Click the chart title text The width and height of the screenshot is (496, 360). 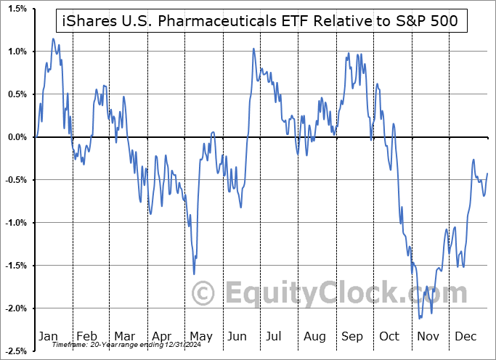coord(261,21)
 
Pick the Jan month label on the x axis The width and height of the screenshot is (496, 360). coord(49,336)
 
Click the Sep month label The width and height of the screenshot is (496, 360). coord(353,336)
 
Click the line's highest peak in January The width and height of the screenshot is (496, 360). coord(53,38)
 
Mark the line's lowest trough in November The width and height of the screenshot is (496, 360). coord(420,318)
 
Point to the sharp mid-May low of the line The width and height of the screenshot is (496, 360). coord(194,274)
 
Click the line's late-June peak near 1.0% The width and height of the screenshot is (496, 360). coord(253,49)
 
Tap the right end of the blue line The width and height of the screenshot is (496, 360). coord(487,173)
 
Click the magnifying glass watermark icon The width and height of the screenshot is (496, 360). coord(206,293)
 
